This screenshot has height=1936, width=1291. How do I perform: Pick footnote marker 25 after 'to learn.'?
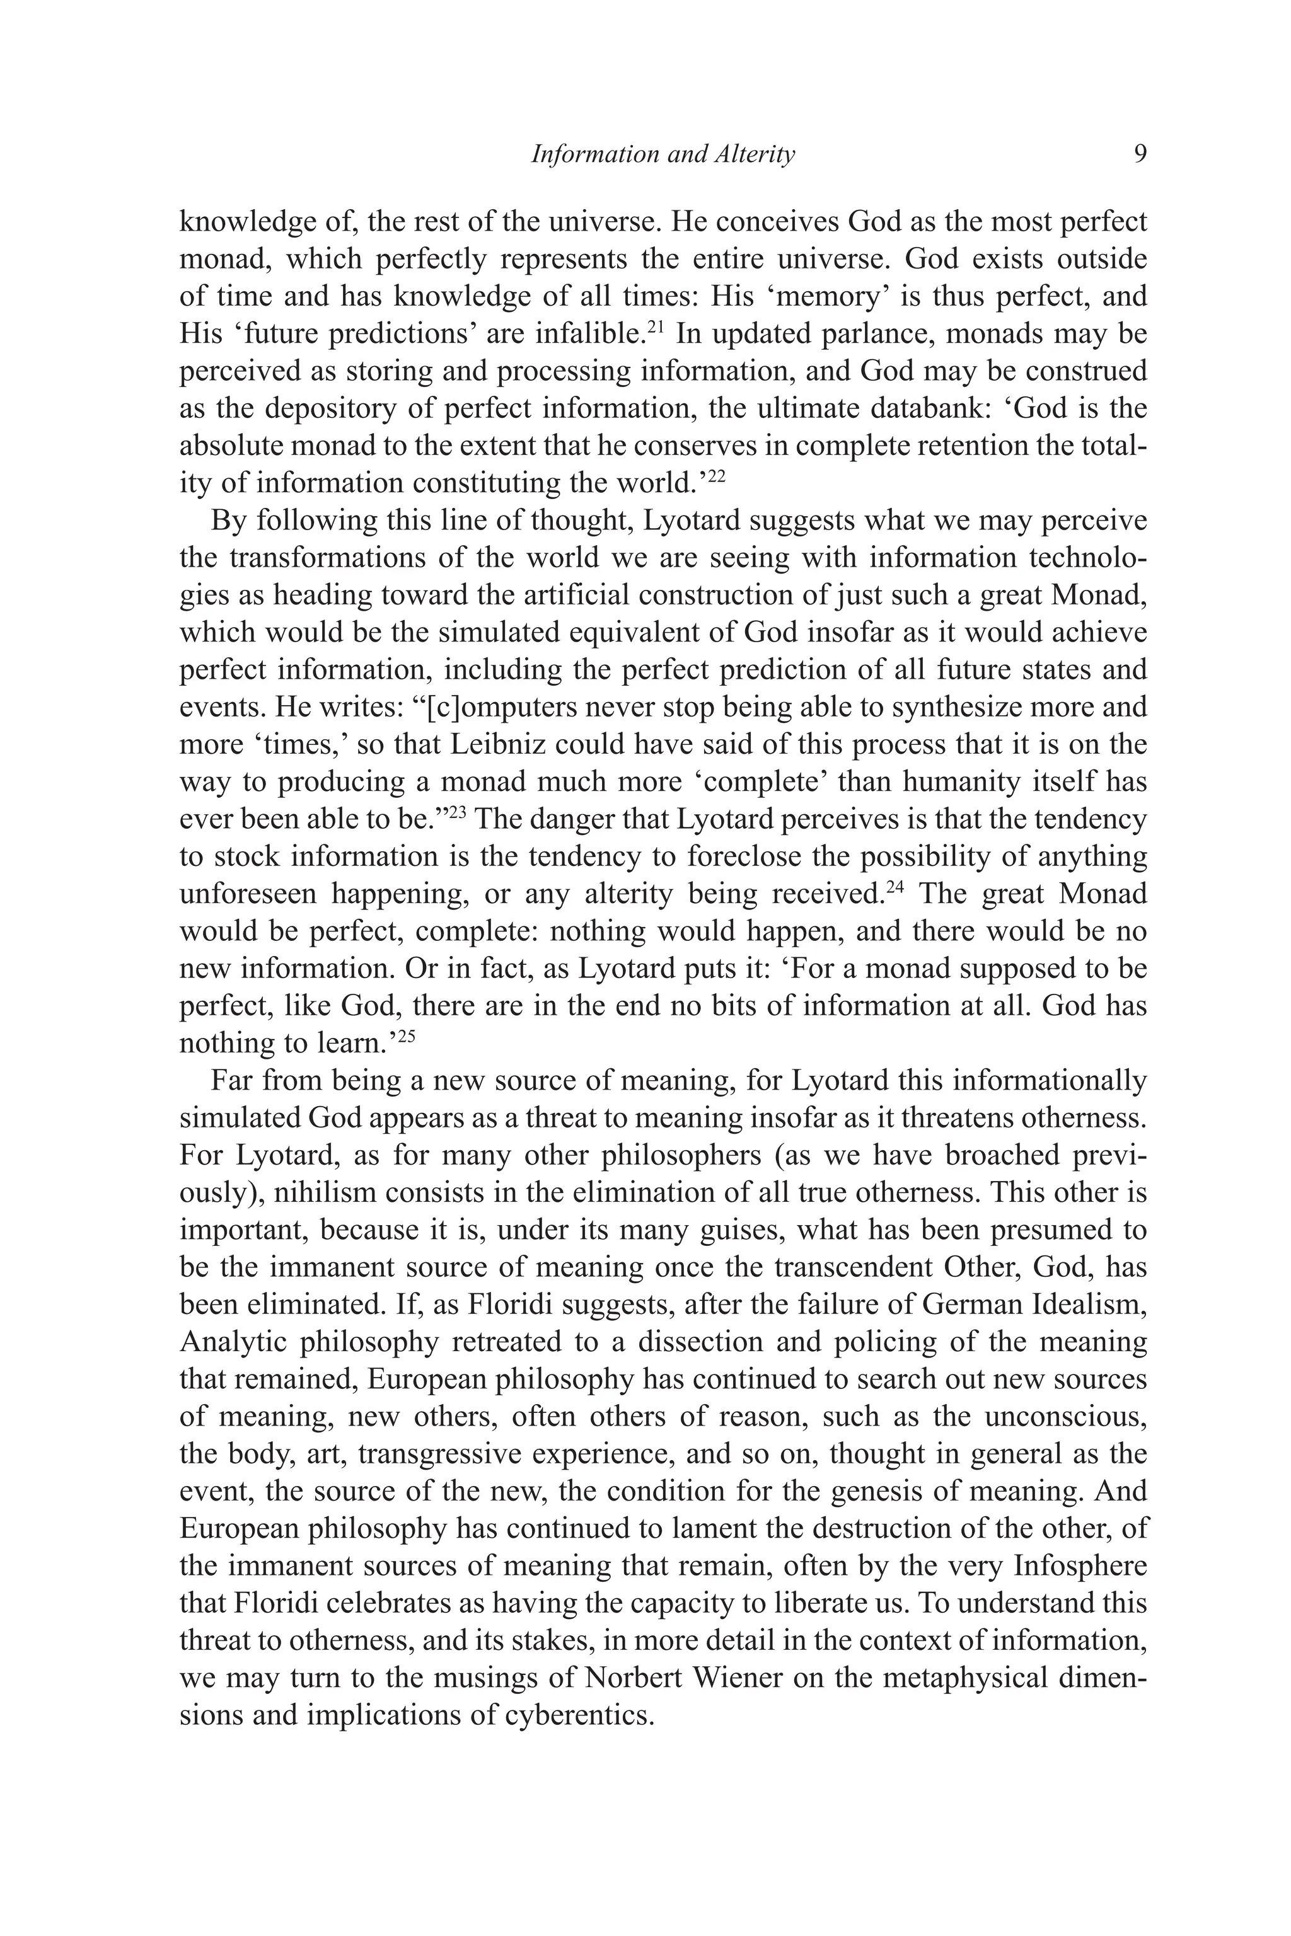406,1035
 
